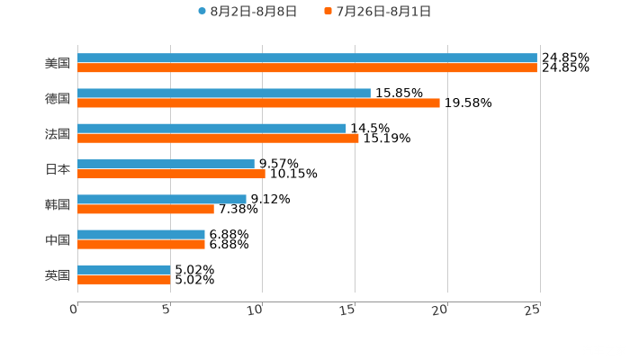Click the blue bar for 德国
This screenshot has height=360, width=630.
224,94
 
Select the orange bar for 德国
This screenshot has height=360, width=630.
259,103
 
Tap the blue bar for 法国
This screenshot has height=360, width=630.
212,129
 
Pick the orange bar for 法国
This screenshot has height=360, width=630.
219,139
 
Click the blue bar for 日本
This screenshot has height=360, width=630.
166,164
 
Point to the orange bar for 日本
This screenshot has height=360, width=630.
172,174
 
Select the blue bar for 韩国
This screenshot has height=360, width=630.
162,199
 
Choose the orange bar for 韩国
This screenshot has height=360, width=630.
146,209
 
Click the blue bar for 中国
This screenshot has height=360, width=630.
141,234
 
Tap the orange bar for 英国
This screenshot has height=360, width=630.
124,280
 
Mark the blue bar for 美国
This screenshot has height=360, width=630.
307,58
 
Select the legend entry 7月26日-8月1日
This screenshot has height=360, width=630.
382,12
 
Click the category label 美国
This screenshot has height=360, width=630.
58,64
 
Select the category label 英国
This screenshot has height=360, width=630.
58,275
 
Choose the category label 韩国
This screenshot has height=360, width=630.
58,204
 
